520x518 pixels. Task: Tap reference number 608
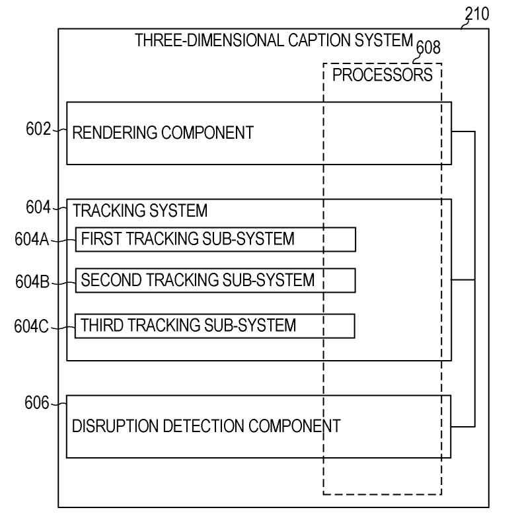(427, 47)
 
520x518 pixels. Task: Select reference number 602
(38, 129)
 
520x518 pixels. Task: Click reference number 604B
(31, 282)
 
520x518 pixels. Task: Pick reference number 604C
(31, 326)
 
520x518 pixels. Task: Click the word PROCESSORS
(382, 75)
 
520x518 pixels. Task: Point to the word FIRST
(97, 239)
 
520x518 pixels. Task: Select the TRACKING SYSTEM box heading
(139, 211)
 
